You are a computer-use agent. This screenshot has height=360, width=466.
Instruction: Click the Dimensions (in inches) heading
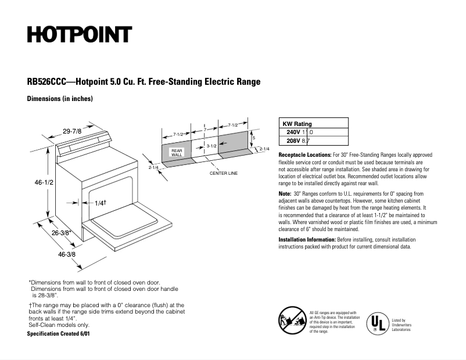pyautogui.click(x=60, y=99)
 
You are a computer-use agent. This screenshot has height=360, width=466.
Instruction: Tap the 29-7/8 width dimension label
pyautogui.click(x=73, y=132)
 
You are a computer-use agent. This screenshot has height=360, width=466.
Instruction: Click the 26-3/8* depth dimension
pyautogui.click(x=61, y=233)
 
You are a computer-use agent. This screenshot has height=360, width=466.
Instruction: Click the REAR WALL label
pyautogui.click(x=177, y=153)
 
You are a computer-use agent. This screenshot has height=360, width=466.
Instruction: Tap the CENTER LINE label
pyautogui.click(x=224, y=173)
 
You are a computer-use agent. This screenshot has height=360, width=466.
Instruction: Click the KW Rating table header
pyautogui.click(x=297, y=124)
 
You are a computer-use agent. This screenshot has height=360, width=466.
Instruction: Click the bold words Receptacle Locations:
pyautogui.click(x=304, y=156)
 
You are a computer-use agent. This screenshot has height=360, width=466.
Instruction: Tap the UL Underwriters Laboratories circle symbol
pyautogui.click(x=377, y=323)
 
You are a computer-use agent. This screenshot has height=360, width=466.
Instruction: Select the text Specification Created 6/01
pyautogui.click(x=59, y=334)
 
